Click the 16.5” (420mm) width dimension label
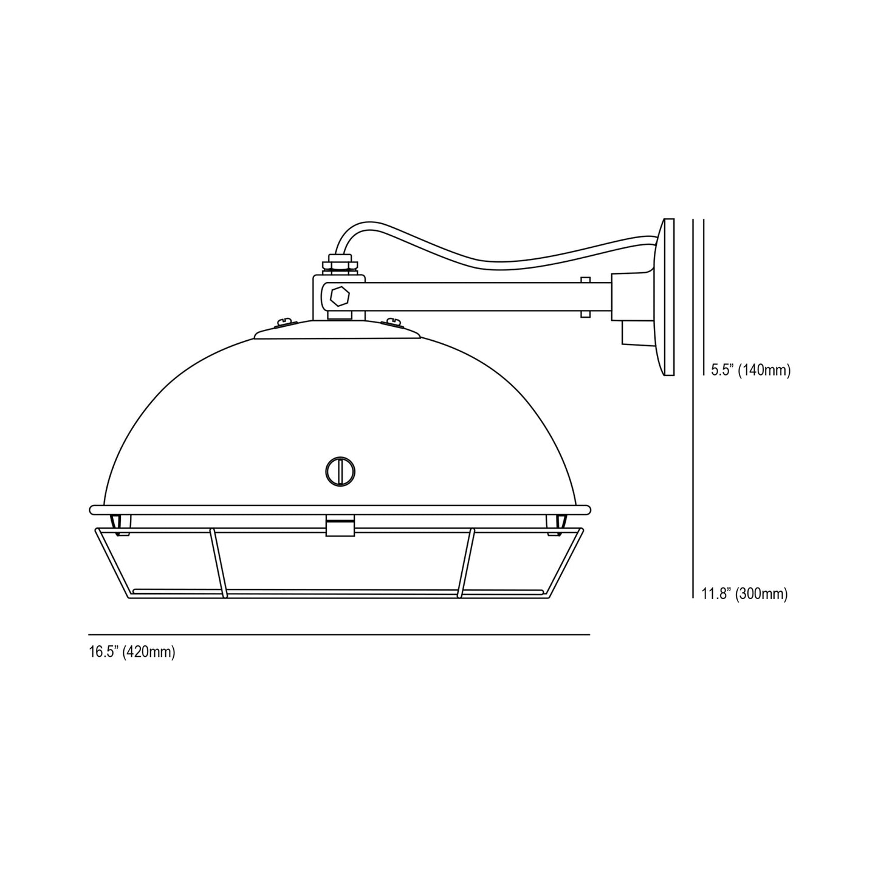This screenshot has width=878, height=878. tap(132, 653)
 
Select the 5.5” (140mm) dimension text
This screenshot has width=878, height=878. tap(750, 371)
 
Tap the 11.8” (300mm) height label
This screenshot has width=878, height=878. tap(744, 594)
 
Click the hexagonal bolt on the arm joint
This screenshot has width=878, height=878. tap(340, 296)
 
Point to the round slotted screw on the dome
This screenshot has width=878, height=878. tap(340, 471)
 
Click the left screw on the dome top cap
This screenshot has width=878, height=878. tap(283, 322)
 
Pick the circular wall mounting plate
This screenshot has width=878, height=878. tap(667, 297)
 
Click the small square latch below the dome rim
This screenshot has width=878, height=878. tap(340, 527)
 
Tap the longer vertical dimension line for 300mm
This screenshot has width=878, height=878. tap(693, 425)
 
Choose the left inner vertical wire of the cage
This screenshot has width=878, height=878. tap(218, 562)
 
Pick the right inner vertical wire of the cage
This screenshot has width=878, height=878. tap(467, 562)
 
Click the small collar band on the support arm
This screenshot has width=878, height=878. tap(585, 297)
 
